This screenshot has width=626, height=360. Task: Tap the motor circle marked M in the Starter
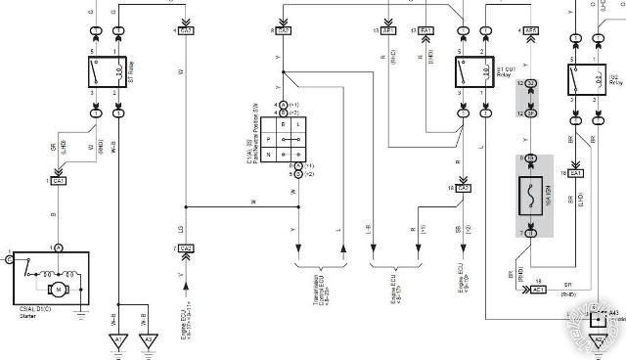[57, 289]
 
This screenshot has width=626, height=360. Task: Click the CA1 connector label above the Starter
[60, 180]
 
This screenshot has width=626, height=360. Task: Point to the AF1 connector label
[388, 31]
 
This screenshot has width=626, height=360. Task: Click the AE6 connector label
[531, 31]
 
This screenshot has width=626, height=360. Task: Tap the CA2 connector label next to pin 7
[187, 248]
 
